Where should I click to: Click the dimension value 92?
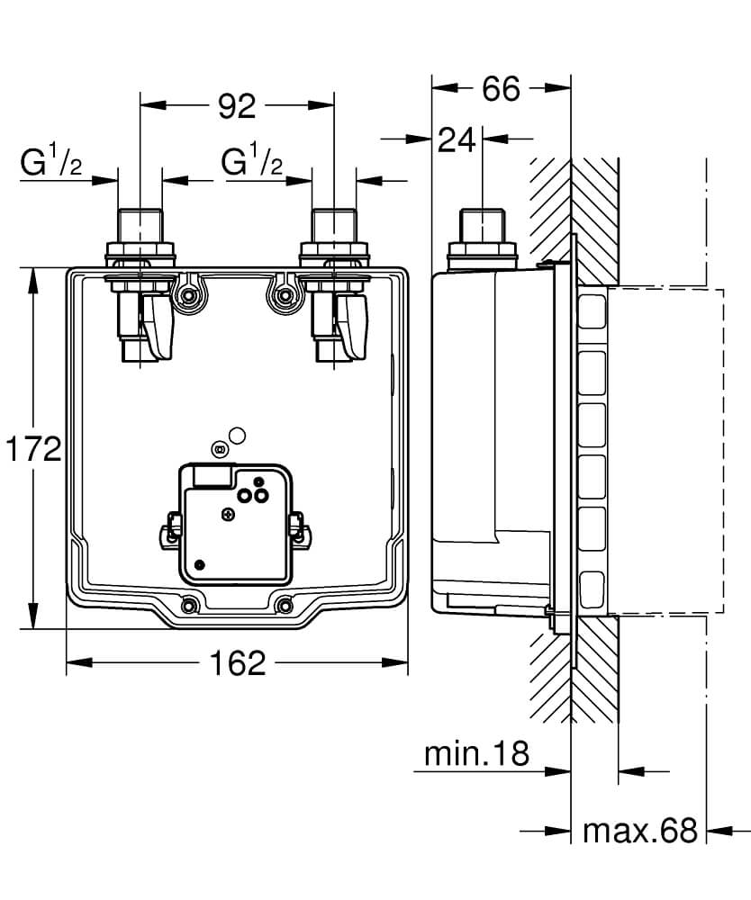point(237,106)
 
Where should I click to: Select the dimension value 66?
point(502,88)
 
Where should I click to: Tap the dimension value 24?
point(457,139)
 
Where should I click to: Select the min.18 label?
point(477,754)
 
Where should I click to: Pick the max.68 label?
point(639,830)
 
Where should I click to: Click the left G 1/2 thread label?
point(52,164)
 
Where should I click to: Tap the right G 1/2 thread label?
point(253,163)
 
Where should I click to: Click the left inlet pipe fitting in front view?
point(140,236)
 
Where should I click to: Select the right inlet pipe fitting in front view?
point(333,236)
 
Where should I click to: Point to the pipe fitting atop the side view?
point(482,236)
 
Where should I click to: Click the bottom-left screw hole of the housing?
point(190,605)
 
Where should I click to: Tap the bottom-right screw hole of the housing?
point(285,605)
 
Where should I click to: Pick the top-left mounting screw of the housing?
point(189,295)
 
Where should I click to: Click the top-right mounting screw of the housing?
point(285,295)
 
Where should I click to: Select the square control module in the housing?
point(237,522)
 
